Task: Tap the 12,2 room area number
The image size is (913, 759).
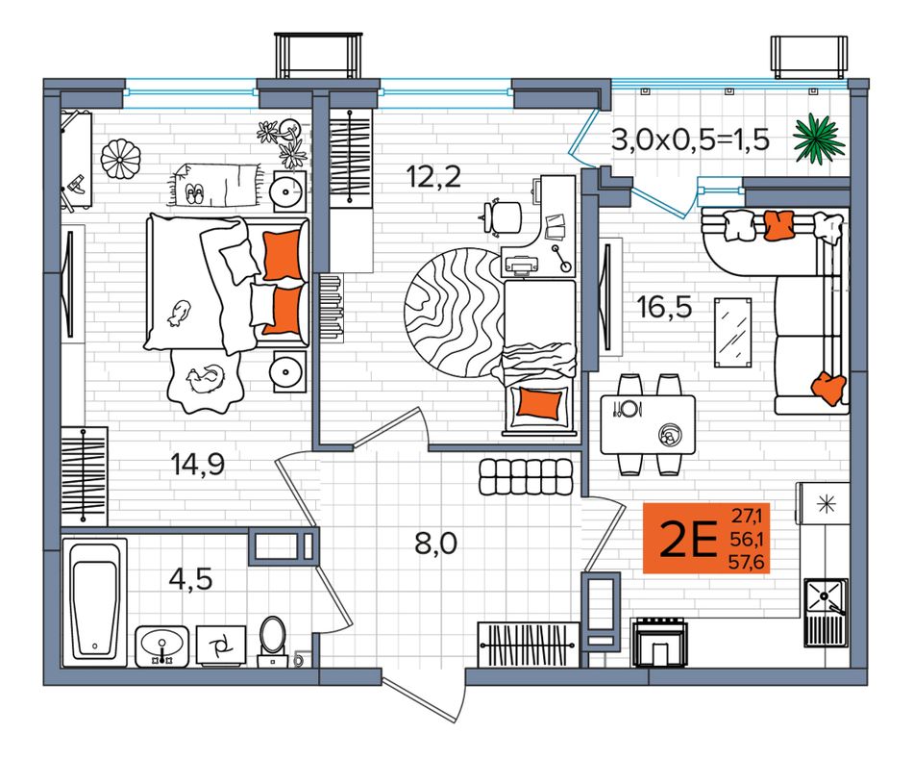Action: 433,176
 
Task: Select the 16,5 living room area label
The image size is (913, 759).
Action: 665,307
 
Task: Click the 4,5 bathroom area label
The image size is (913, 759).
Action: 190,579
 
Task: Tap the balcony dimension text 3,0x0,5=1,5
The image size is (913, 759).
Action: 691,139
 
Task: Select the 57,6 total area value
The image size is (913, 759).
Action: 748,563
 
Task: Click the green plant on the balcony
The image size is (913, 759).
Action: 819,139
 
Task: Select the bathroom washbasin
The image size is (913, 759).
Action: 161,646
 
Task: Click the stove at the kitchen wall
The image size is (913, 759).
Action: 659,642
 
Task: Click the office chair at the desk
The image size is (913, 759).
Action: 503,216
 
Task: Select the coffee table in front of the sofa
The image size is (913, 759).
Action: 733,332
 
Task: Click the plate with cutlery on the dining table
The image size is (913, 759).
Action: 628,408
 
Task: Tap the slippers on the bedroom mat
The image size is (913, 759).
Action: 195,194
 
